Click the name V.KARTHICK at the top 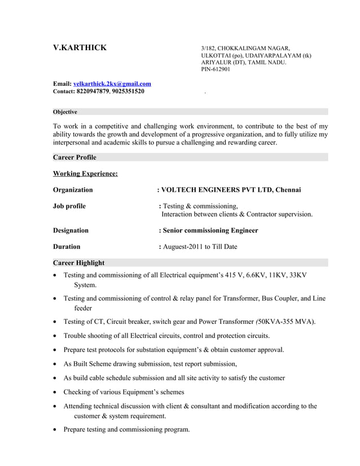[79, 48]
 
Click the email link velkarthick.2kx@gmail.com [112, 83]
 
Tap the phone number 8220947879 [93, 91]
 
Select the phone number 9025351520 [128, 91]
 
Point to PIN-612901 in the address [216, 69]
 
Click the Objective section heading [65, 112]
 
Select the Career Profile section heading [74, 157]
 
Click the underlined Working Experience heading [85, 173]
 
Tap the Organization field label [73, 190]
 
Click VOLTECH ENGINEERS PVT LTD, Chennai [231, 190]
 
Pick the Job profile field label [69, 206]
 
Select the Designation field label [71, 230]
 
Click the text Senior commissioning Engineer [210, 230]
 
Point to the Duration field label [67, 247]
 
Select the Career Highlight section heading [78, 262]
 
